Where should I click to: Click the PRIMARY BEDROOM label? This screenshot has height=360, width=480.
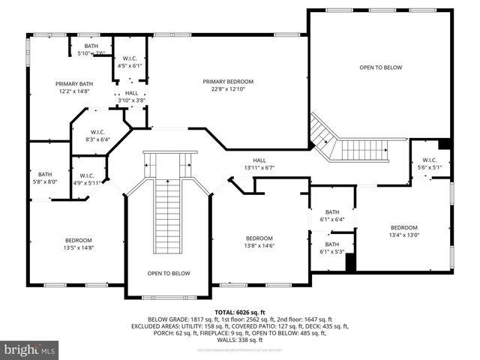coord(228,81)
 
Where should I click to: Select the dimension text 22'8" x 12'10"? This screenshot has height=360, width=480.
coord(228,89)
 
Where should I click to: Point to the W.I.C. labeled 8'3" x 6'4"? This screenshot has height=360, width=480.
coord(97,134)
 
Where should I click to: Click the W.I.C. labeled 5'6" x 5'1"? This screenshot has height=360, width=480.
coord(429,163)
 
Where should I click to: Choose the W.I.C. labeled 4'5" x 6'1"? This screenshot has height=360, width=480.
coord(130,61)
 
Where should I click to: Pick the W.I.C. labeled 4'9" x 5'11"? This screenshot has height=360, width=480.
coord(86,178)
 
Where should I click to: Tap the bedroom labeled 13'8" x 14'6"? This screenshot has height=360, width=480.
coord(259,242)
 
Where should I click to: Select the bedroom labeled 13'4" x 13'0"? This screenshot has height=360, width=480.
coord(403,231)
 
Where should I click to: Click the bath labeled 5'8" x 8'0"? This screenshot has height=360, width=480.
coord(46,177)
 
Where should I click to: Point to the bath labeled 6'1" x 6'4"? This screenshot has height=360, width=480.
coord(331,215)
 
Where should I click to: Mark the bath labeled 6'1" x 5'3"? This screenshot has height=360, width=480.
coord(331,247)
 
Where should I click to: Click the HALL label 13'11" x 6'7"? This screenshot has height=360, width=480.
coord(259,163)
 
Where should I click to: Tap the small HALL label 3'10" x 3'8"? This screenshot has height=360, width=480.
coord(131,96)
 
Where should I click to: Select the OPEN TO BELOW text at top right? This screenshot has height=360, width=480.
coord(380,67)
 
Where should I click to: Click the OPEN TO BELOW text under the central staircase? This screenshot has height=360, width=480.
coord(168,273)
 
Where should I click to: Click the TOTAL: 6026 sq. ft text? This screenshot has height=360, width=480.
coord(240,311)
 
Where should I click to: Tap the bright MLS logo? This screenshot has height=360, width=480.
coord(30,349)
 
